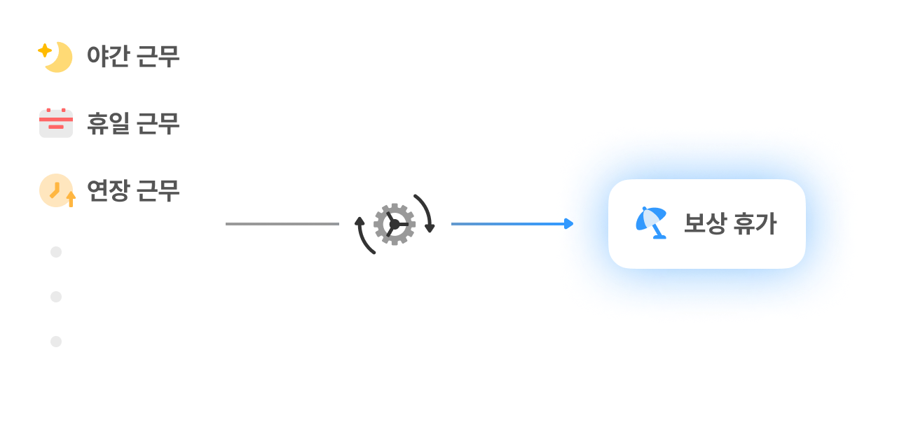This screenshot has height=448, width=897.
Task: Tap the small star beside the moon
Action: pyautogui.click(x=44, y=50)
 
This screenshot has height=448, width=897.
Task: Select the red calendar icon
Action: pyautogui.click(x=56, y=123)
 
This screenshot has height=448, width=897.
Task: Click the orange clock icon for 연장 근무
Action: pyautogui.click(x=55, y=189)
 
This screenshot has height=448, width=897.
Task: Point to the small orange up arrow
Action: pyautogui.click(x=71, y=199)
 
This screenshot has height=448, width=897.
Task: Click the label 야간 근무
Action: pyautogui.click(x=133, y=57)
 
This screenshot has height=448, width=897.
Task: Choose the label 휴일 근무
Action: pyautogui.click(x=133, y=124)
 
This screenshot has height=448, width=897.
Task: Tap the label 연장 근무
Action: pyautogui.click(x=133, y=190)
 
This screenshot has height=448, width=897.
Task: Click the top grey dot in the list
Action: pyautogui.click(x=56, y=252)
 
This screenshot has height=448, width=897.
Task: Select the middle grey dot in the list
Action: pyautogui.click(x=56, y=297)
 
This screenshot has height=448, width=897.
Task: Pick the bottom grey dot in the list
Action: pyautogui.click(x=56, y=342)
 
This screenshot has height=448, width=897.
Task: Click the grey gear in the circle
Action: pyautogui.click(x=394, y=224)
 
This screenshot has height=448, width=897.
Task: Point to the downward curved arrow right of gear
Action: pyautogui.click(x=426, y=212)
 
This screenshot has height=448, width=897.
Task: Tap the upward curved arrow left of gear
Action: pyautogui.click(x=364, y=236)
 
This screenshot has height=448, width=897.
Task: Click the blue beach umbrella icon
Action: pyautogui.click(x=650, y=223)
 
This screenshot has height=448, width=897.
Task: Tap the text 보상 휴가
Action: pyautogui.click(x=730, y=224)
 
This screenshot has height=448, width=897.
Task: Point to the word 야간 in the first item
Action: pyautogui.click(x=108, y=57)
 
